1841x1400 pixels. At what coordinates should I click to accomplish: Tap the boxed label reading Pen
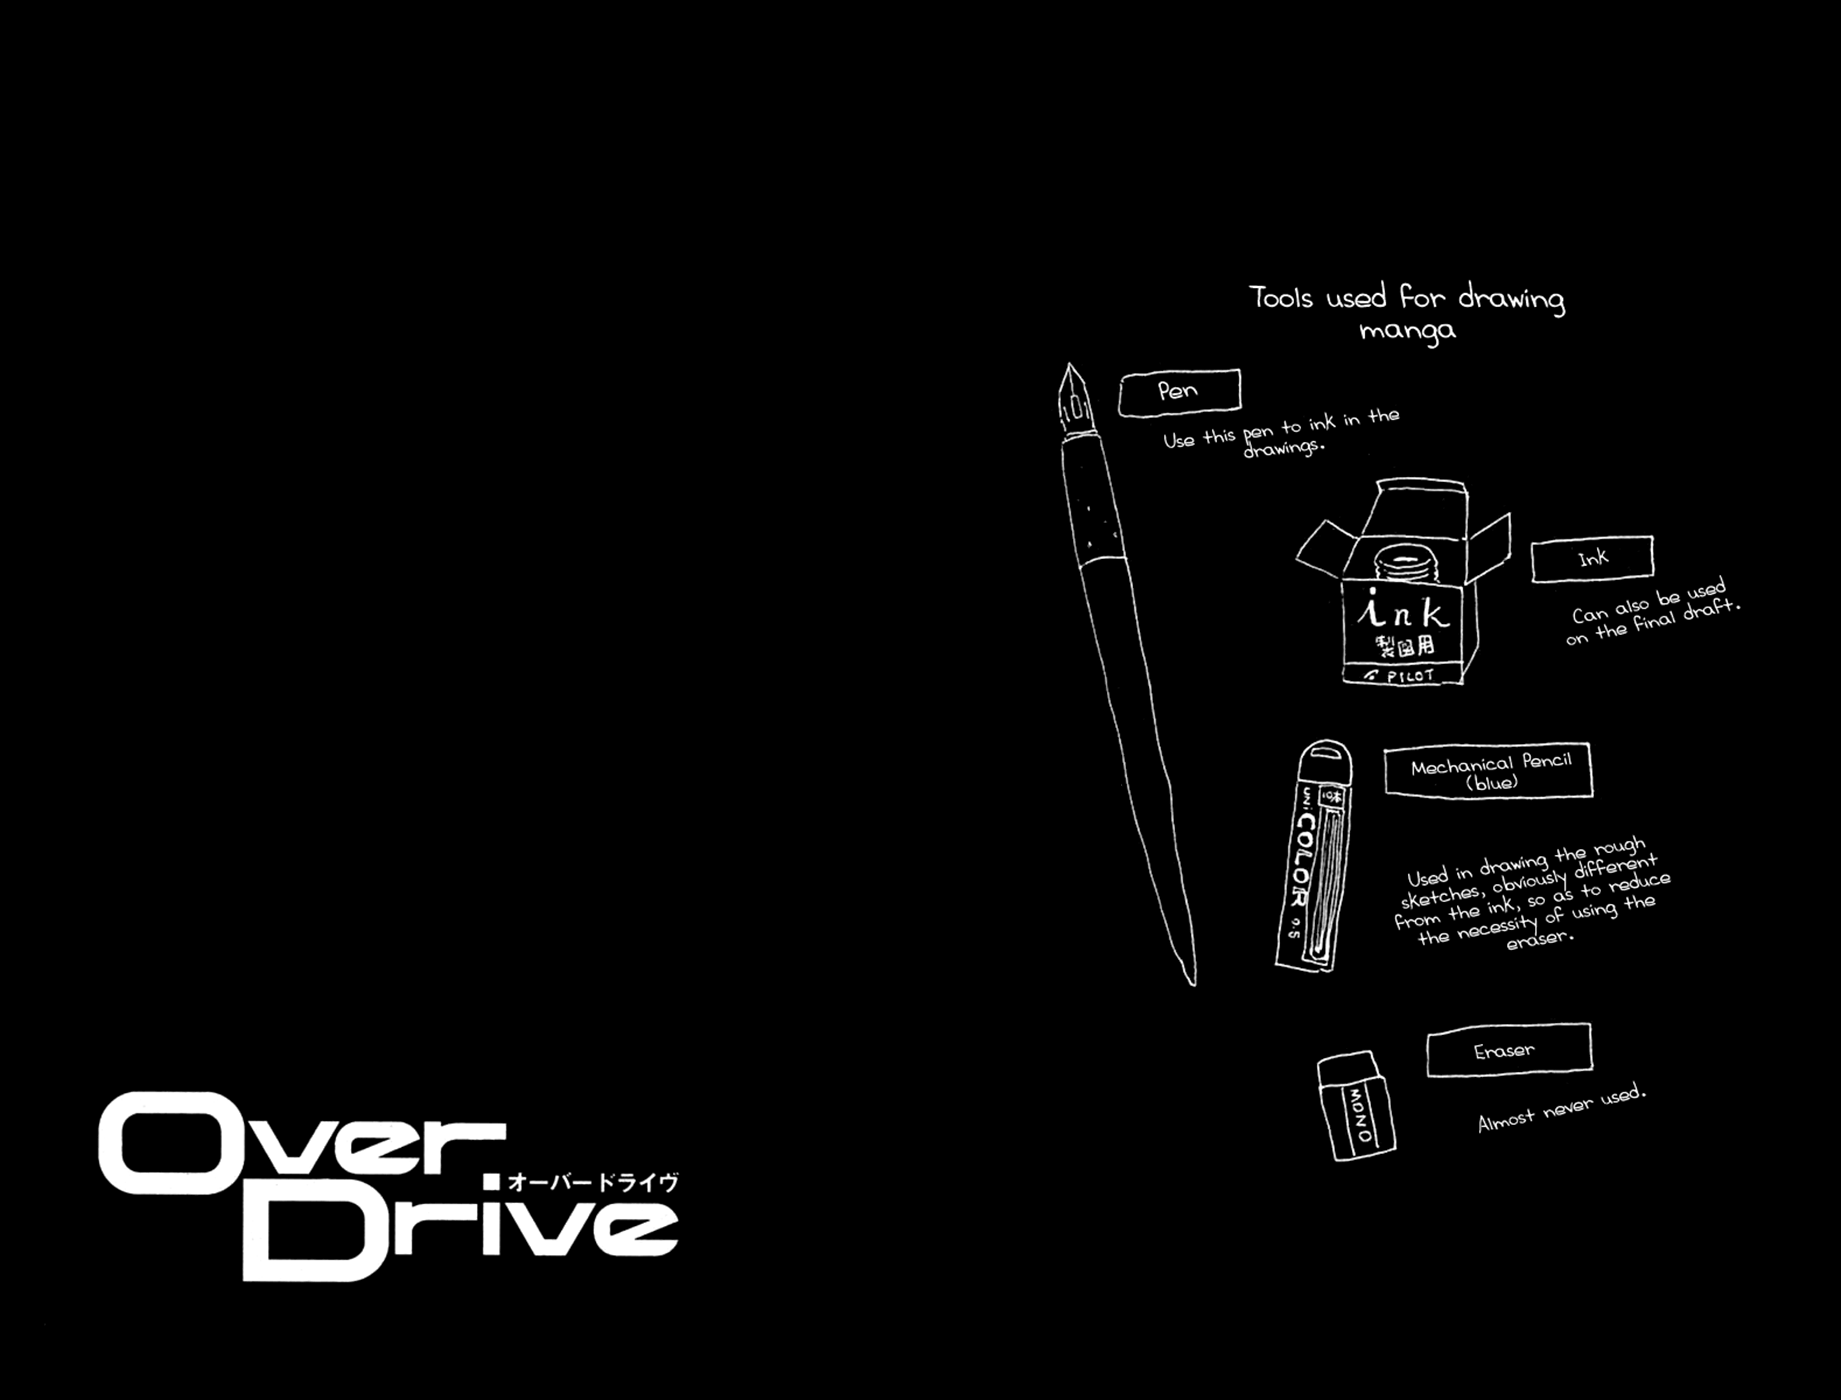click(x=1179, y=391)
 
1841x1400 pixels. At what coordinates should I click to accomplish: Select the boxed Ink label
click(x=1592, y=558)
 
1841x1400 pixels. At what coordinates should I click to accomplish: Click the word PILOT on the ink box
click(x=1410, y=676)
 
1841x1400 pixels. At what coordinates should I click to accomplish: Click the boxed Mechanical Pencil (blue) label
click(x=1488, y=771)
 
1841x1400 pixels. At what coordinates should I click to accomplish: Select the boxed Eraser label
click(x=1508, y=1050)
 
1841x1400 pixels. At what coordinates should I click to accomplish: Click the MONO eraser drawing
click(x=1357, y=1106)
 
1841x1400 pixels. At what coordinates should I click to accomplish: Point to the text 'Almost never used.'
click(x=1561, y=1108)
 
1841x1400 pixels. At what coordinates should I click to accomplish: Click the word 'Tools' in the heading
click(x=1280, y=297)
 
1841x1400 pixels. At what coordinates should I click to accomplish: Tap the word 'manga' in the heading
click(x=1407, y=330)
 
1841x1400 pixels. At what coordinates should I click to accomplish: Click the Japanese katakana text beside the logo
click(x=593, y=1182)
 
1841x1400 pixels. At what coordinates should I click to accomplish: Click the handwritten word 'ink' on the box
click(x=1402, y=609)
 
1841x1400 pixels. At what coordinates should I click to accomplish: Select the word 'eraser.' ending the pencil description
click(x=1539, y=939)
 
